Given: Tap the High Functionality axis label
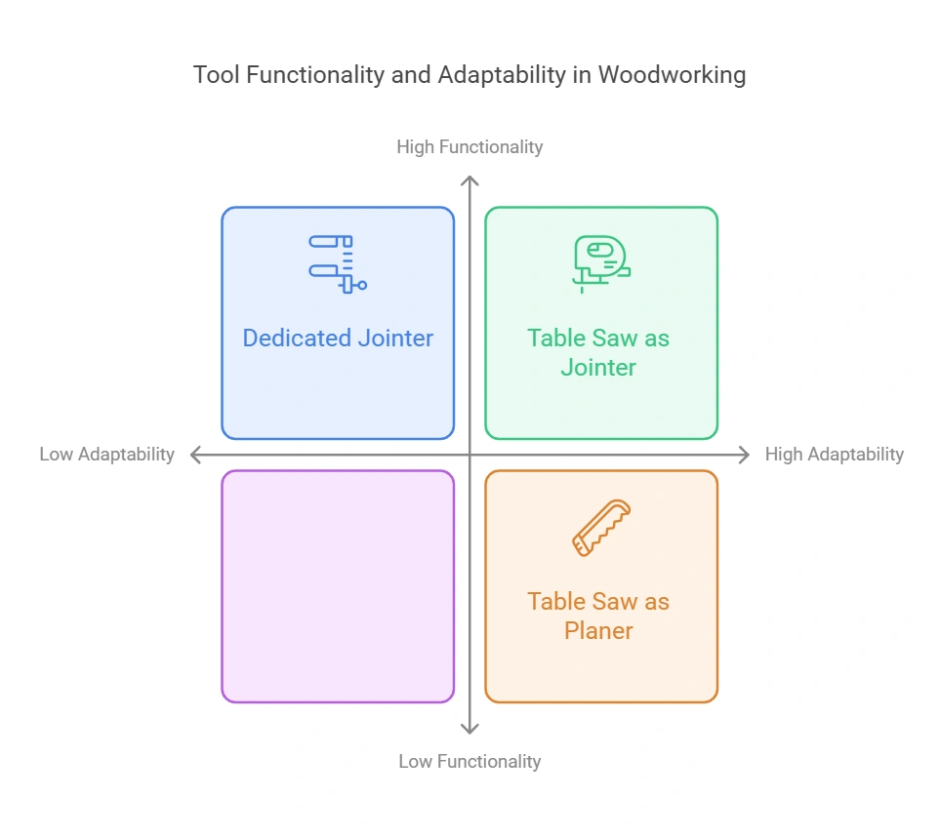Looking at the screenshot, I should pos(470,146).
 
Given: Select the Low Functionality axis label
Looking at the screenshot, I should pos(470,761).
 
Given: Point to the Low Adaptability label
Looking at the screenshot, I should pos(106,454).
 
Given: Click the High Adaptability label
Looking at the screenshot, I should pos(835,454).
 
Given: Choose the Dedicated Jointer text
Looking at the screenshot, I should pos(338,339).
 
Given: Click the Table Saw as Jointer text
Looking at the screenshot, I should pos(598,352).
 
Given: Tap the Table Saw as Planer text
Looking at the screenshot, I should pos(598,616).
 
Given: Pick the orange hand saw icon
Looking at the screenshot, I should pos(600,528).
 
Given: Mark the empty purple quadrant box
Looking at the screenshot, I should pos(338,586).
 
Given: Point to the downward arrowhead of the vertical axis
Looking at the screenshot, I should pos(470,729).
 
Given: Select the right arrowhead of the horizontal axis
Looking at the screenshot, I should pos(746,455).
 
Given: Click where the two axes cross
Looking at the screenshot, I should pos(470,455).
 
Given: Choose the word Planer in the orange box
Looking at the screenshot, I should pos(598,630).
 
